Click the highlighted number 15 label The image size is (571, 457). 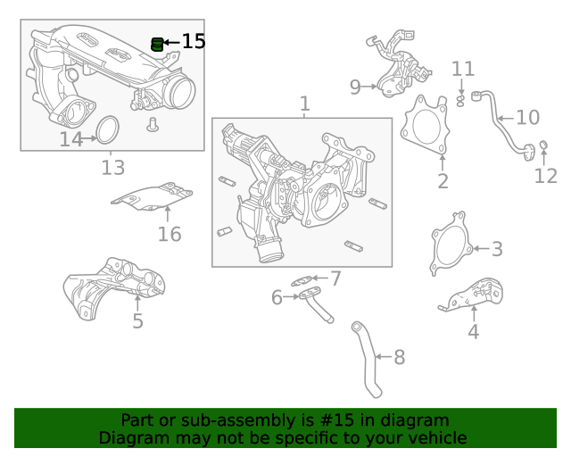click(x=194, y=41)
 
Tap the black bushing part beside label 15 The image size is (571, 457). click(x=158, y=43)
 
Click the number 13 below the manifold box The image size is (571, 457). click(x=112, y=167)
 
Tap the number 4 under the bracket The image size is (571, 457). click(x=474, y=332)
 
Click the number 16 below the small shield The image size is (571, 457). click(x=170, y=234)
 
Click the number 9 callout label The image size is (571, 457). click(x=355, y=87)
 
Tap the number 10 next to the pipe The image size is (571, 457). click(x=528, y=117)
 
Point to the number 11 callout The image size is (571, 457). click(x=463, y=69)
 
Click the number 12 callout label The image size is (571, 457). click(x=545, y=176)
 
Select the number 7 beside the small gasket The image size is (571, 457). click(x=335, y=278)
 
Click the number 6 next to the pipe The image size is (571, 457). click(x=277, y=296)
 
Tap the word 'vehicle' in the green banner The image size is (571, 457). click(x=434, y=437)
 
